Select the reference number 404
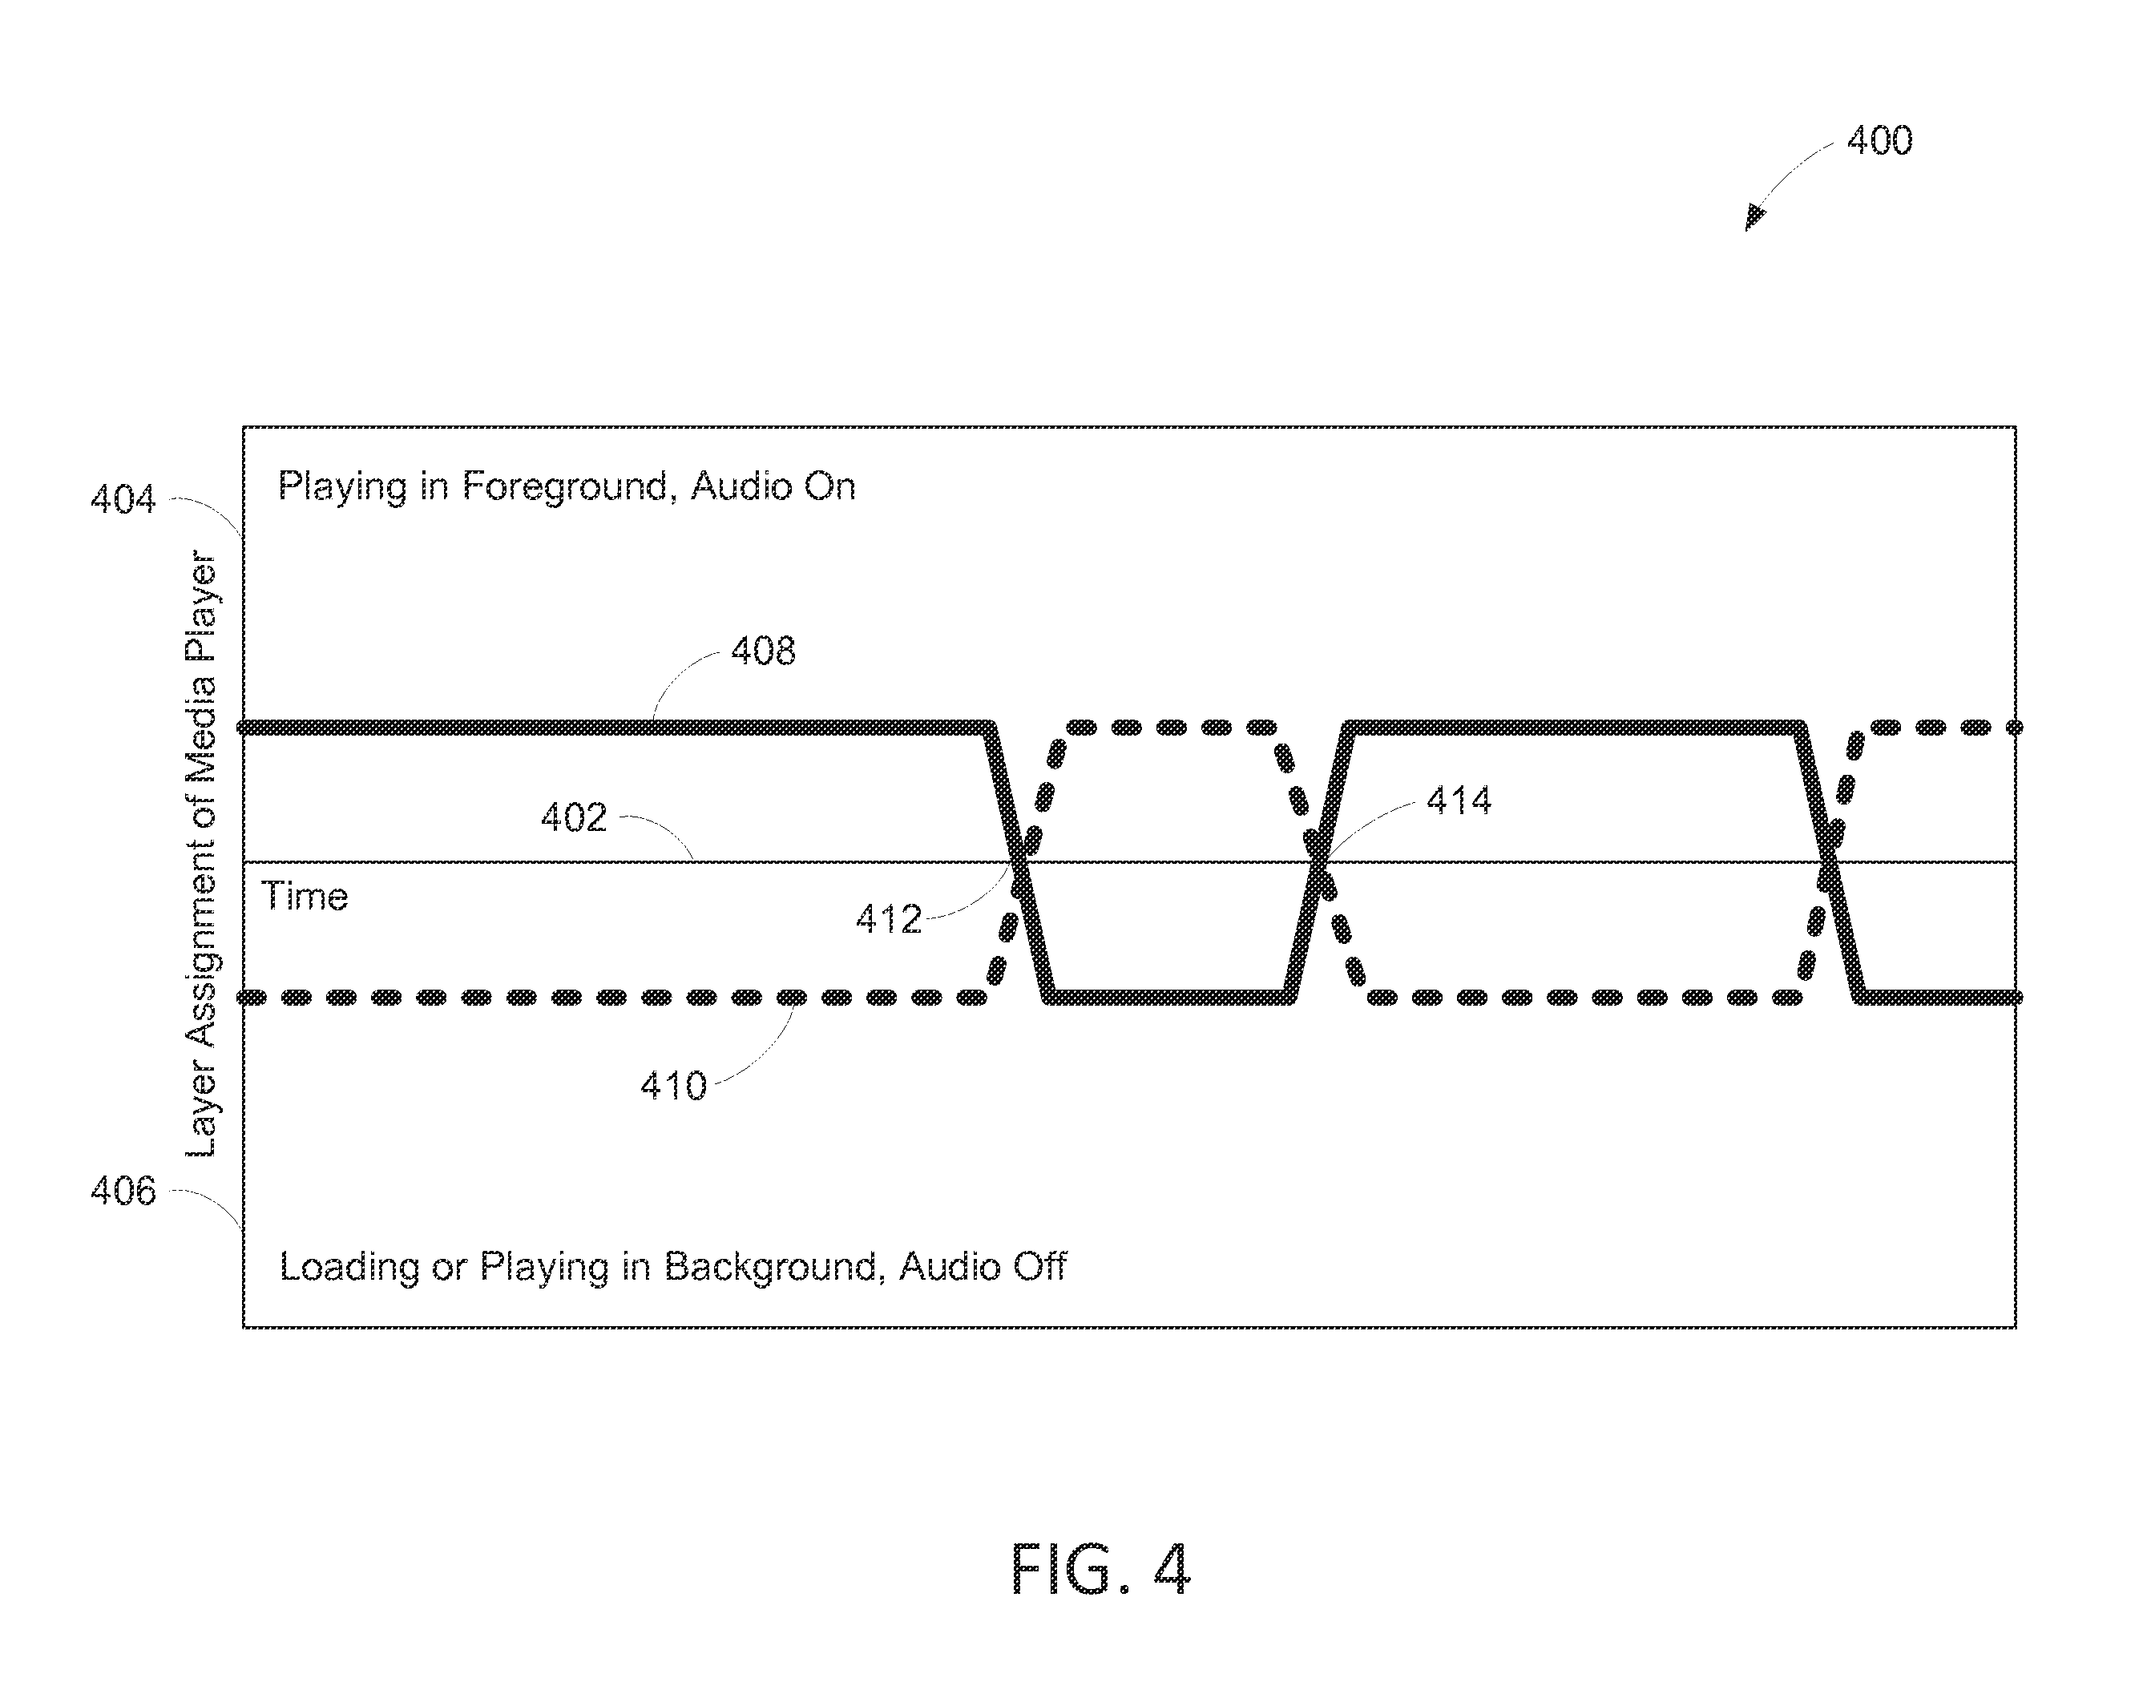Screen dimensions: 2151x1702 123,498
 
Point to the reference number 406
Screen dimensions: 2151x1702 123,1191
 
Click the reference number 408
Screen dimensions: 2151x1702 764,651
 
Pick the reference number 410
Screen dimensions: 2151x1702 674,1085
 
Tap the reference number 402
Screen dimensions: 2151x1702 574,817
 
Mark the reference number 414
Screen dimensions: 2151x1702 1459,801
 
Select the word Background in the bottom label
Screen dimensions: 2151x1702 773,1267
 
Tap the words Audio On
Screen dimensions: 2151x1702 773,486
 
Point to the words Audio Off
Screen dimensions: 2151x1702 983,1267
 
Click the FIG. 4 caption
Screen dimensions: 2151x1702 1100,1570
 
